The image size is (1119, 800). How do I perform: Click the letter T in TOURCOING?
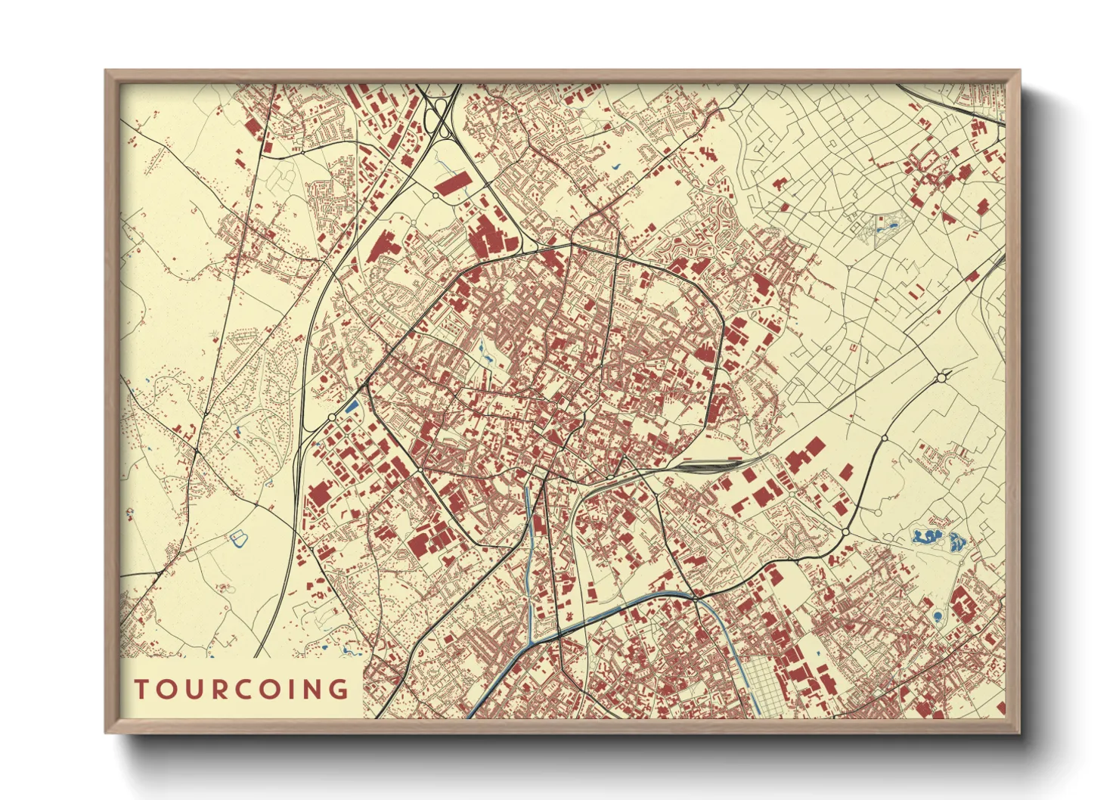pos(141,690)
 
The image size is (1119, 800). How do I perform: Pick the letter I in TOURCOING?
pos(292,690)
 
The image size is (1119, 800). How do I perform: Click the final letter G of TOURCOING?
pos(339,690)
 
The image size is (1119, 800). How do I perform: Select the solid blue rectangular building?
pos(351,406)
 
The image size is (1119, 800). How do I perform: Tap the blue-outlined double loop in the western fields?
pos(239,539)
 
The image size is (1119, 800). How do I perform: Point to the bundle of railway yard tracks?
pos(703,466)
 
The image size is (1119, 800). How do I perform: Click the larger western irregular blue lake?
pos(925,537)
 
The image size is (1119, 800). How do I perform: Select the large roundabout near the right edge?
pos(943,376)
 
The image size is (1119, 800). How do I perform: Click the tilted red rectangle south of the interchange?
pos(452,183)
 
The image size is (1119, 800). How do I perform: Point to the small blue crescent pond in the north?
pos(614,167)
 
